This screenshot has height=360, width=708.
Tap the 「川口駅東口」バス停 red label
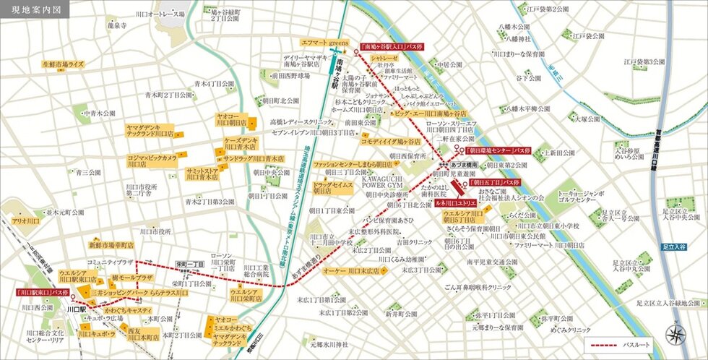43,293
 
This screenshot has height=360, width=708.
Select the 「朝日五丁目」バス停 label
495,183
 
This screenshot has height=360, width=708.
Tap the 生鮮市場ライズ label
63,64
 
